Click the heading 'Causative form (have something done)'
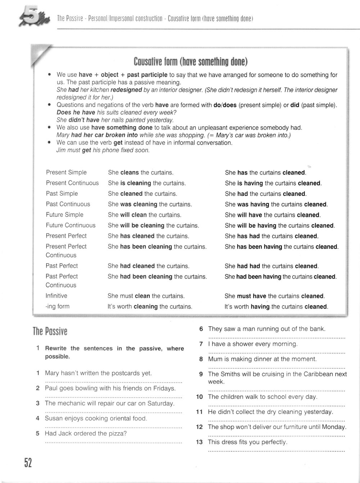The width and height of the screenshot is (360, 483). pyautogui.click(x=190, y=62)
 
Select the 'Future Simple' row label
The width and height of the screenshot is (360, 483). pyautogui.click(x=64, y=215)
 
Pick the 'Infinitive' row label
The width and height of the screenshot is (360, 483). pyautogui.click(x=56, y=296)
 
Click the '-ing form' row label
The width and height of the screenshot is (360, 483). pyautogui.click(x=57, y=306)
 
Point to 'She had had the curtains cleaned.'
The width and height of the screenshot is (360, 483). pyautogui.click(x=271, y=266)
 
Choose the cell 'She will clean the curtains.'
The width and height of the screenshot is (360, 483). pyautogui.click(x=144, y=215)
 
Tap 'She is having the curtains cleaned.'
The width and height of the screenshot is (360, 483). pyautogui.click(x=273, y=183)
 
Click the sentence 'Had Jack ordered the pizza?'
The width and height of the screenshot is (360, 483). pyautogui.click(x=86, y=434)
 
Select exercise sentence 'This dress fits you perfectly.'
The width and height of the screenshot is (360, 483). pyautogui.click(x=247, y=442)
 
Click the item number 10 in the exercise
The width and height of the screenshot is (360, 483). pyautogui.click(x=199, y=397)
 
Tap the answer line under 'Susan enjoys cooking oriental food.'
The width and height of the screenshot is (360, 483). pyautogui.click(x=113, y=427)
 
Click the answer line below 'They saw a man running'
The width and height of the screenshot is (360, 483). pyautogui.click(x=276, y=338)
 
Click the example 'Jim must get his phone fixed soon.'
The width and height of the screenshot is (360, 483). pyautogui.click(x=103, y=150)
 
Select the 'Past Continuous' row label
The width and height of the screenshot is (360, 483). pyautogui.click(x=68, y=204)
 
